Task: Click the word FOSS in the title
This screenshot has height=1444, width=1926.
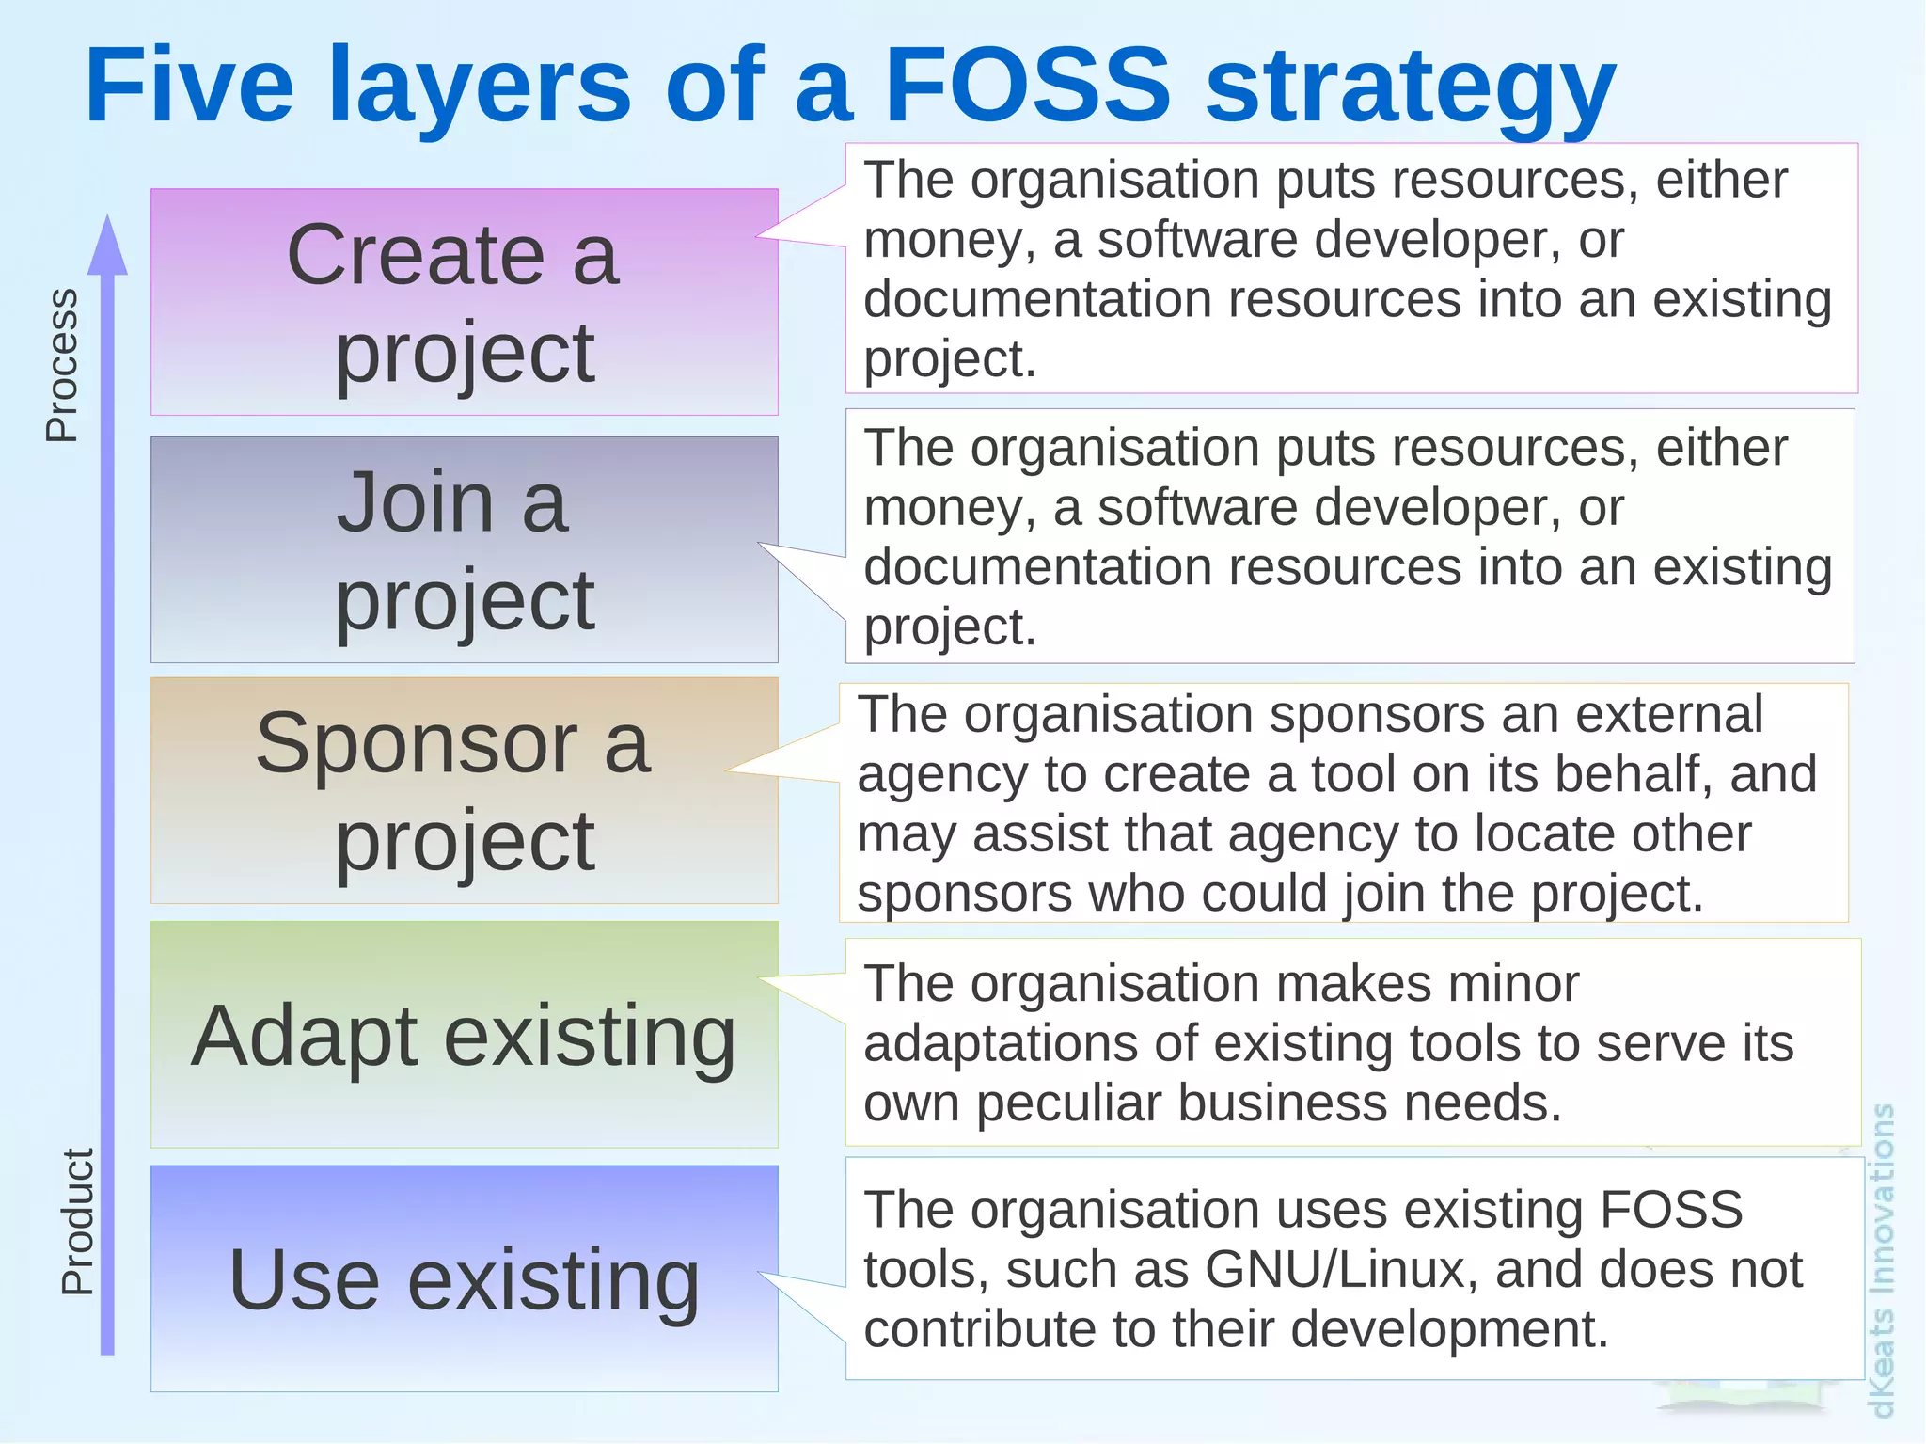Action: click(x=1028, y=87)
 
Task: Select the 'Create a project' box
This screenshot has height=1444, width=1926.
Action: click(x=465, y=302)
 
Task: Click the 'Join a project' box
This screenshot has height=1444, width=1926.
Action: click(x=465, y=549)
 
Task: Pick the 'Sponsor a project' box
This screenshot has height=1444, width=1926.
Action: click(x=465, y=790)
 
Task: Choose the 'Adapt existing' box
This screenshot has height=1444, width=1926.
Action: click(x=465, y=1035)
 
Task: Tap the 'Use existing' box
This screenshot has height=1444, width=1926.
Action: click(x=465, y=1279)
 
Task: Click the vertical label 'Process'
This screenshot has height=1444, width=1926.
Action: click(x=62, y=365)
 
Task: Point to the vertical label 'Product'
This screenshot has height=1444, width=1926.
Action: click(x=77, y=1221)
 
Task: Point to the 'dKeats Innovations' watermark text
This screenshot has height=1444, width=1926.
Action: click(x=1882, y=1261)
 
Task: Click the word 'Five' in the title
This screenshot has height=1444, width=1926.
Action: click(x=189, y=87)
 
